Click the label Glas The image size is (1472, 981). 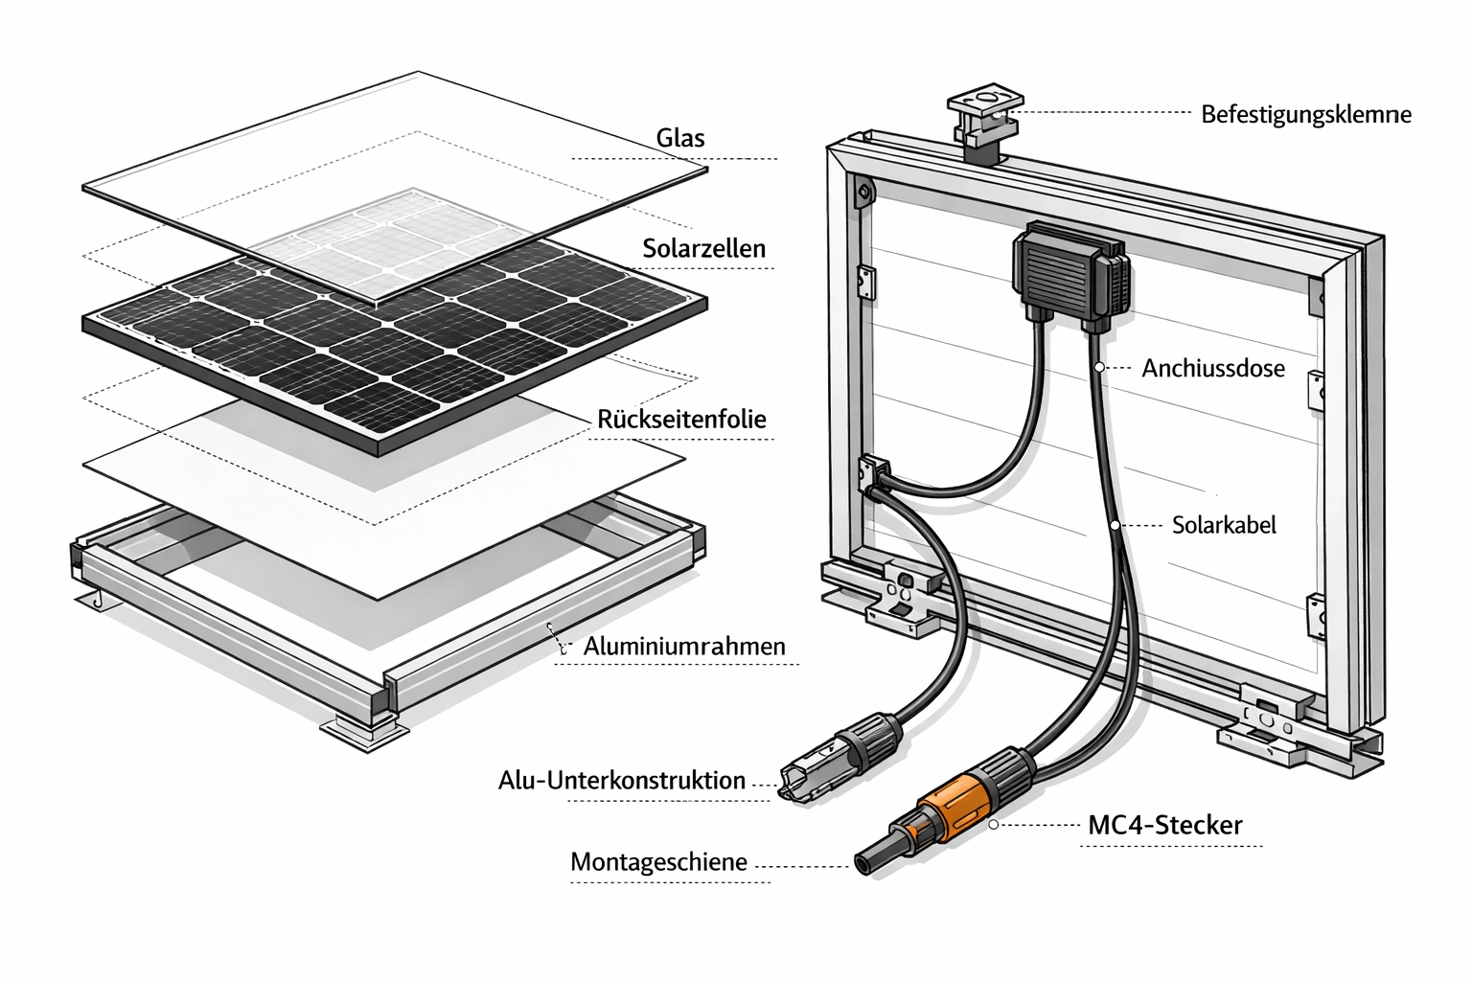[x=680, y=138]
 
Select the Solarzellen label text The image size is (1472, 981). [x=703, y=249]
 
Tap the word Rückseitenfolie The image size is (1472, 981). [x=681, y=420]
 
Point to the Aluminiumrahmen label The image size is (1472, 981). [x=684, y=647]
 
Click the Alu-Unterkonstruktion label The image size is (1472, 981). [x=622, y=780]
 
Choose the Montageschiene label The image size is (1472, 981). [x=658, y=861]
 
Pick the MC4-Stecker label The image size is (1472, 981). [x=1165, y=825]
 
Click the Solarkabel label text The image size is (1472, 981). [x=1224, y=525]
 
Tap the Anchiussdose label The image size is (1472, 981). [x=1212, y=368]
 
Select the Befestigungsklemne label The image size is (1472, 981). [x=1306, y=115]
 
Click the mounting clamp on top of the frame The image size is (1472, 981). [x=983, y=122]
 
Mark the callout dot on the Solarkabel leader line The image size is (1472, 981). [x=1115, y=525]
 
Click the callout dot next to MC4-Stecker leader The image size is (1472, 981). [x=994, y=824]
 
